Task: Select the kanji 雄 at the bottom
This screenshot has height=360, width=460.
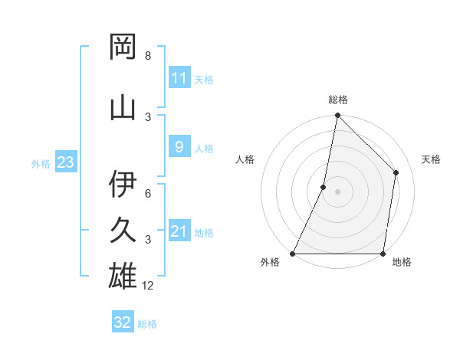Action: coord(123,276)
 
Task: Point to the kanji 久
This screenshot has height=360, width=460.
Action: coord(123,231)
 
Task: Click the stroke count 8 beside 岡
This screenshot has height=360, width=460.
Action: coord(148,56)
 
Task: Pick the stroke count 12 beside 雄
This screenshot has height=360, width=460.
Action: coord(149,286)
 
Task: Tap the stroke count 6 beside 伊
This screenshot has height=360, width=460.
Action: coord(148,194)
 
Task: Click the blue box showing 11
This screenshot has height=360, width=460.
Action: coord(179,78)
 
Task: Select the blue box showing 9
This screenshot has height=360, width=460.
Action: coord(179,147)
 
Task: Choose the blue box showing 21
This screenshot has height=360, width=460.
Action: coord(179,231)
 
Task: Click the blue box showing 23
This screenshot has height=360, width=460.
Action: coord(65,162)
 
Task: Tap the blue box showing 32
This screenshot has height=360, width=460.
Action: coord(122,322)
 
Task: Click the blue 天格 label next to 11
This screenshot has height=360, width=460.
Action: coord(203,79)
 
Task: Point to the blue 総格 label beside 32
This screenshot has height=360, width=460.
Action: coord(147,323)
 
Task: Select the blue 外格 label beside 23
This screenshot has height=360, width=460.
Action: coord(41,163)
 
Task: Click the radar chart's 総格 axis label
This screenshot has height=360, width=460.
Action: coord(337,100)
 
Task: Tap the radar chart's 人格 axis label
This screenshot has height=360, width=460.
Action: coord(245,159)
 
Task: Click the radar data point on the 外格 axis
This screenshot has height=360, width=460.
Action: coord(293,254)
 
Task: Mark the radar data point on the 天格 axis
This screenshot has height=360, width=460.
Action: coord(396,172)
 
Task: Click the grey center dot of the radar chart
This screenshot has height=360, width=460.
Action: coord(337,191)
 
